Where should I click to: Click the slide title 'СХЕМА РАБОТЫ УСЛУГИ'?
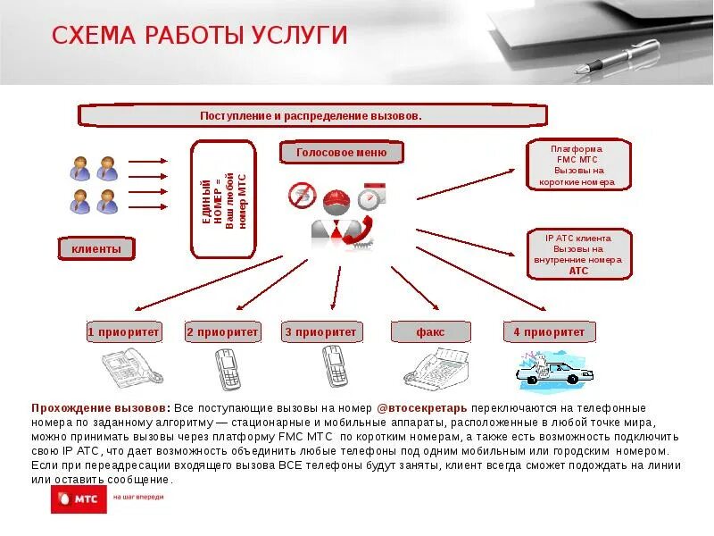click(x=199, y=36)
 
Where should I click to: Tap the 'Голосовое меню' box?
click(x=341, y=152)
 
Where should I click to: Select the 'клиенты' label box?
click(x=96, y=248)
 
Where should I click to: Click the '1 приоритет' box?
click(x=124, y=332)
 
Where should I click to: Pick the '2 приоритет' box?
click(x=222, y=332)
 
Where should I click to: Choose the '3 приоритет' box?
click(x=320, y=332)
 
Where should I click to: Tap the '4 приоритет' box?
click(x=549, y=332)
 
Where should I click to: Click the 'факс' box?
click(x=430, y=332)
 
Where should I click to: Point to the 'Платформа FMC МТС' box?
click(x=577, y=164)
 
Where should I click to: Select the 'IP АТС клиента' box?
click(x=578, y=254)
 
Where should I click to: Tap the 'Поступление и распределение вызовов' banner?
click(x=311, y=116)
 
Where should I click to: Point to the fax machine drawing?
click(x=437, y=367)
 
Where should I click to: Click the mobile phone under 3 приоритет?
click(x=333, y=366)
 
